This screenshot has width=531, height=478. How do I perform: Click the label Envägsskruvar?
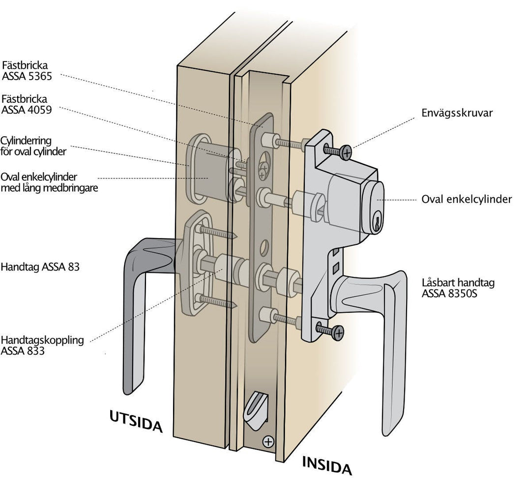point(457,113)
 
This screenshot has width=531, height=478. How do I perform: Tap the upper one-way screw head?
point(346,153)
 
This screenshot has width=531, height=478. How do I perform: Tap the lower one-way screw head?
point(338,332)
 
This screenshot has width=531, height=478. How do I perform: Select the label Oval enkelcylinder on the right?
point(467,199)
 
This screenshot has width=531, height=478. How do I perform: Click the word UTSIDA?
point(136,421)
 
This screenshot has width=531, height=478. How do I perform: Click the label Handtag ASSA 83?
point(40,268)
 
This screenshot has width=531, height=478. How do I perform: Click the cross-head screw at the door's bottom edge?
point(268,441)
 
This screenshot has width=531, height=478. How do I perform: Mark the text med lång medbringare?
point(49,188)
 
